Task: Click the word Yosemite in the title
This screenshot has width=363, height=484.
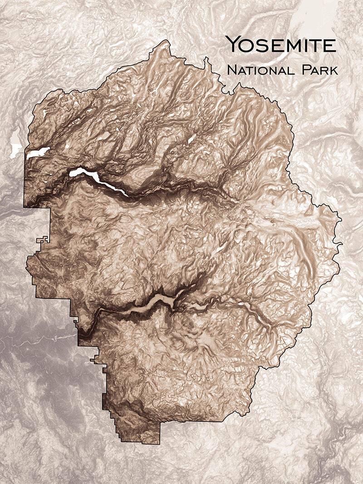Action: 281,44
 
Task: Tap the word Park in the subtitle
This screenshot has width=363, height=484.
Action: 319,70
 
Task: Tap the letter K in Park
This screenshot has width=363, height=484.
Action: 334,70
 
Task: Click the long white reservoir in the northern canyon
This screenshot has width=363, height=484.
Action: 100,181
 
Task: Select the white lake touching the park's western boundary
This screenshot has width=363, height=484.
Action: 37,152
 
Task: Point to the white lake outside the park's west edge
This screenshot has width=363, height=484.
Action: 16,150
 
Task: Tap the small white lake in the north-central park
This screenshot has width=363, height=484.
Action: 191,140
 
